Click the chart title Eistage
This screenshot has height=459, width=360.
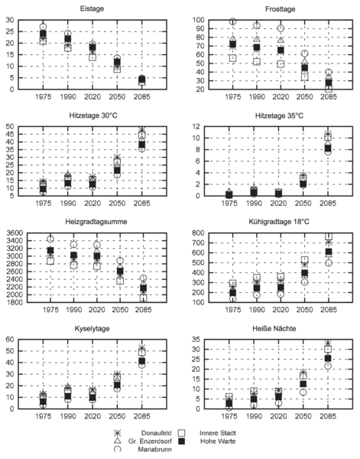tap(92, 8)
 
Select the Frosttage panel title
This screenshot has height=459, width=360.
tap(280, 9)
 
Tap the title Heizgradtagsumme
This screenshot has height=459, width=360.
tap(96, 222)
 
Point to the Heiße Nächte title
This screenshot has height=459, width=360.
tap(274, 328)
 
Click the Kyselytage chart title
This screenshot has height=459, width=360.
tap(92, 328)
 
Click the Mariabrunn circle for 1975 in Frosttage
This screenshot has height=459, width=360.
tap(233, 21)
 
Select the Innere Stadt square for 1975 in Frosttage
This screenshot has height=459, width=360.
tap(233, 58)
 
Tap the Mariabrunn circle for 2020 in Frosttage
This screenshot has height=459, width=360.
tap(281, 28)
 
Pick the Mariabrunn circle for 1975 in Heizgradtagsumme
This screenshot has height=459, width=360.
tap(50, 239)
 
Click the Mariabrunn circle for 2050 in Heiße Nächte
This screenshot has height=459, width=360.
tap(303, 392)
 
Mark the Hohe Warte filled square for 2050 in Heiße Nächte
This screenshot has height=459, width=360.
tap(303, 384)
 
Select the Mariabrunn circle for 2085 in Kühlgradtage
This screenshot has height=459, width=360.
tap(329, 263)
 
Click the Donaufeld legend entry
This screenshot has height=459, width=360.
tap(156, 433)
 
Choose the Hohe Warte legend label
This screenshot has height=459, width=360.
tap(218, 441)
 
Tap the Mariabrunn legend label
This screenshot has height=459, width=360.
tap(154, 449)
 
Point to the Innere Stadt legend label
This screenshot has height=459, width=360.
tap(218, 433)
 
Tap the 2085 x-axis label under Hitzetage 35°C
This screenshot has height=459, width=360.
tap(328, 203)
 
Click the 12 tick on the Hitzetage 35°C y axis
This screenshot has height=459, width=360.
tap(196, 126)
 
